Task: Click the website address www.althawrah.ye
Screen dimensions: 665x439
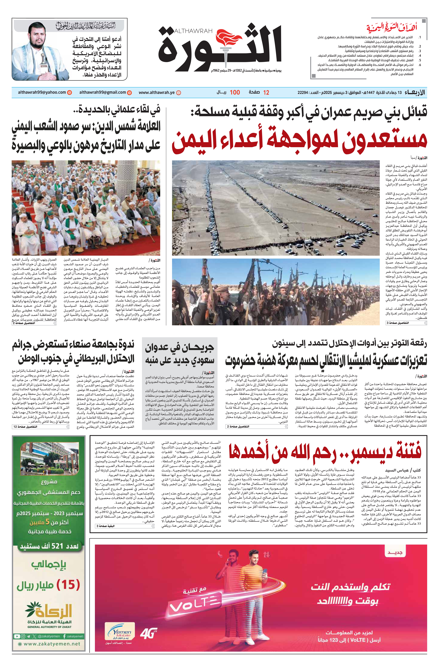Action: point(156,92)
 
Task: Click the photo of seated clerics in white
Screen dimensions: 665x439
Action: point(86,207)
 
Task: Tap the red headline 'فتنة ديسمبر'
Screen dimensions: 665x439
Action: point(325,452)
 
